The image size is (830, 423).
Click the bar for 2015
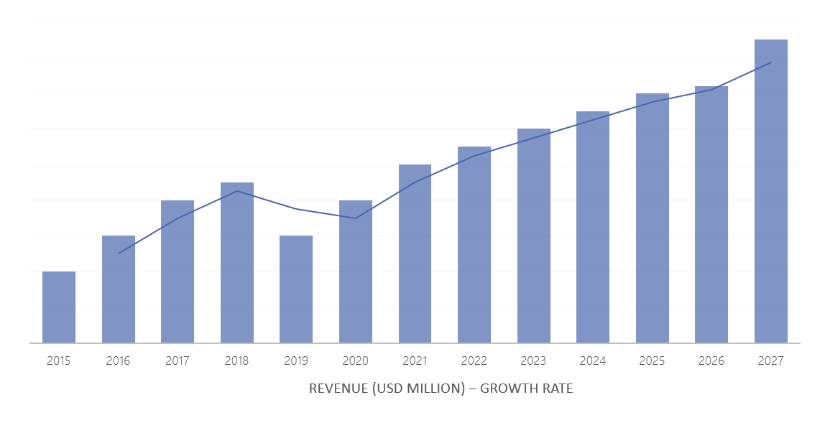tap(59, 307)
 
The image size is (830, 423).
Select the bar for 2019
tap(296, 289)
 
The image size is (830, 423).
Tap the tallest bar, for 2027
tap(770, 192)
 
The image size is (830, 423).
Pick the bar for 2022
tap(474, 245)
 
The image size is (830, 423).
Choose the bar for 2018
tap(237, 263)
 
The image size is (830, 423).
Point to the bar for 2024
tap(593, 228)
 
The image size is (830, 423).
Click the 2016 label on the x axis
tap(118, 361)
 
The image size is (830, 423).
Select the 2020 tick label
tap(355, 361)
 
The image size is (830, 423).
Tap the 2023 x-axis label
tap(533, 361)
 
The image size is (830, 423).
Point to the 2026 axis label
tap(711, 361)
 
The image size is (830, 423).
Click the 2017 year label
tap(177, 361)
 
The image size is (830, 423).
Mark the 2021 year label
tap(415, 361)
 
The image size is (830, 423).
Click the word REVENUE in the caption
tap(338, 389)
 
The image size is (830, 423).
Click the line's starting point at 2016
tap(119, 254)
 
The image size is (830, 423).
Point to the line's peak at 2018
tap(237, 191)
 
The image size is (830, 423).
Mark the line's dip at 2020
tap(355, 218)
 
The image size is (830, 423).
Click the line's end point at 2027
tap(771, 62)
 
